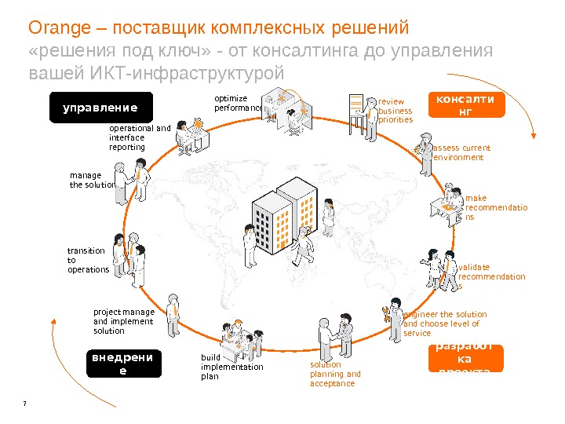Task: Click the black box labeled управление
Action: [x=100, y=108]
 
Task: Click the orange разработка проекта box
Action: [x=465, y=358]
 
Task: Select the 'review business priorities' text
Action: [x=395, y=111]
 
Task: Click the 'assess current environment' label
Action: [x=461, y=152]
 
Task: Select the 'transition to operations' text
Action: [x=87, y=260]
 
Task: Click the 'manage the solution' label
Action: [x=92, y=180]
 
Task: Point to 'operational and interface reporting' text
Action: [x=139, y=137]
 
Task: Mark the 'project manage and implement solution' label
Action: [x=124, y=321]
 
